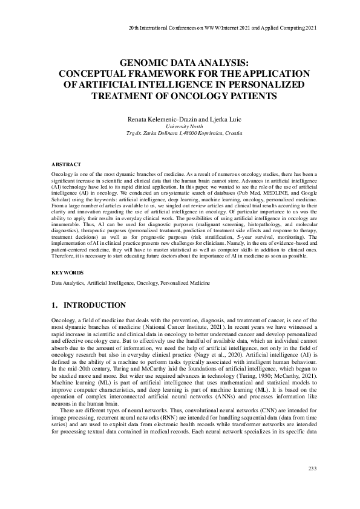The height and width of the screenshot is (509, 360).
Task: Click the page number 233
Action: tap(313, 468)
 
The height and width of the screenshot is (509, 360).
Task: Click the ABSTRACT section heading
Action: tap(64, 164)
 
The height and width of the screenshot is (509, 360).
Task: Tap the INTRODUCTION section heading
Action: tap(95, 305)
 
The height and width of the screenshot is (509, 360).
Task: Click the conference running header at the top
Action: tap(223, 28)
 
